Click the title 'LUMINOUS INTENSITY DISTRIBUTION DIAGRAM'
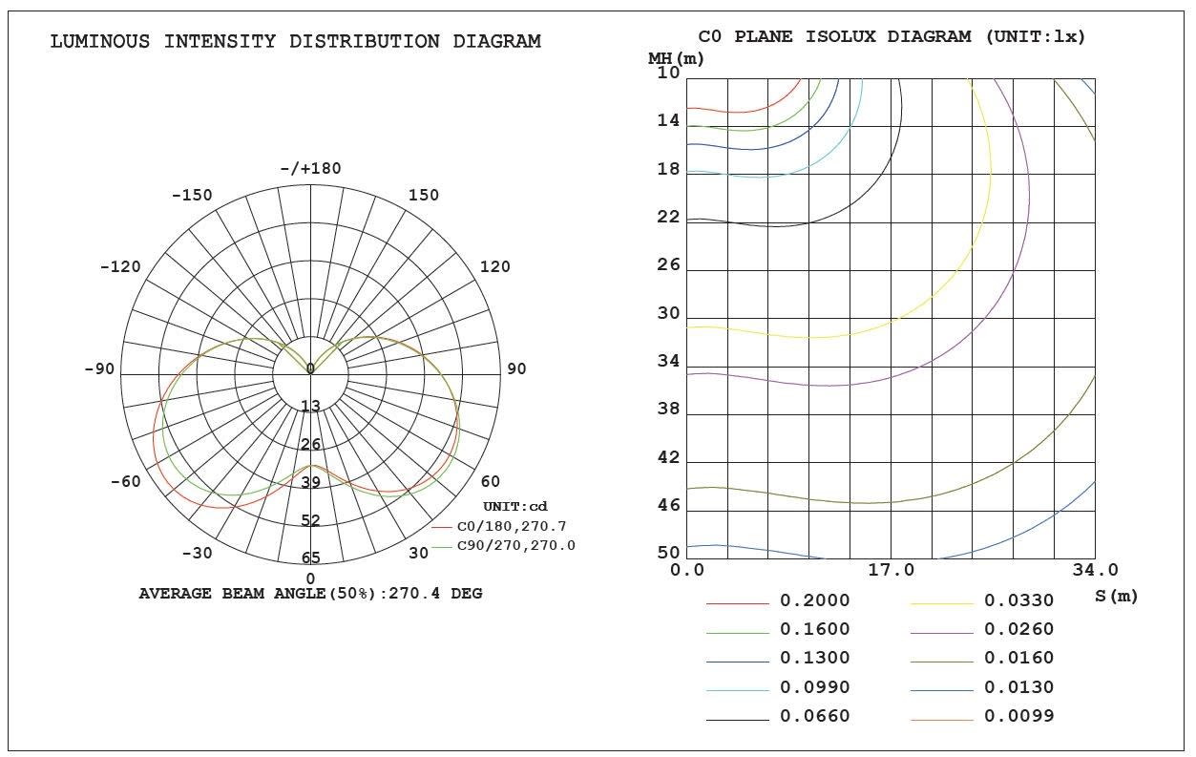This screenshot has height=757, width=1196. [x=295, y=41]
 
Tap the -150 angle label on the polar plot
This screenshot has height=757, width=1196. [x=192, y=195]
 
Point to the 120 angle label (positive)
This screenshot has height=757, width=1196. [x=494, y=266]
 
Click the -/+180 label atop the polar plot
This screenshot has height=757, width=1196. [x=310, y=169]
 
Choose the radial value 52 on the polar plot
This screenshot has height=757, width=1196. [x=310, y=520]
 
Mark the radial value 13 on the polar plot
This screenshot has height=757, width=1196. [x=310, y=407]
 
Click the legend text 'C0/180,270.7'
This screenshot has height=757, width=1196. [x=512, y=526]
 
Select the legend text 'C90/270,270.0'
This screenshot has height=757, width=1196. [x=516, y=545]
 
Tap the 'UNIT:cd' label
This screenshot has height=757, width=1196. [x=514, y=506]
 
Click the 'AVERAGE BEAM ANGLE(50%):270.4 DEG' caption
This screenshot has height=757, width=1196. [x=310, y=594]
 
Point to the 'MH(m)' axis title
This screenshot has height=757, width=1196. [x=676, y=58]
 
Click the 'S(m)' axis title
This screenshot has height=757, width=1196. [x=1116, y=597]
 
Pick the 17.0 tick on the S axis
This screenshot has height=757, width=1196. [x=891, y=571]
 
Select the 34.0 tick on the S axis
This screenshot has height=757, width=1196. [x=1095, y=571]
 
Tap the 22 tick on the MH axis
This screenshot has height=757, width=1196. [x=668, y=217]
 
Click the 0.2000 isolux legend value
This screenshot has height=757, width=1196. [x=814, y=601]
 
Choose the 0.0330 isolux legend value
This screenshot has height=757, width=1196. [x=1018, y=601]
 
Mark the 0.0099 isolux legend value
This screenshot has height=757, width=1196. [x=1018, y=716]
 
